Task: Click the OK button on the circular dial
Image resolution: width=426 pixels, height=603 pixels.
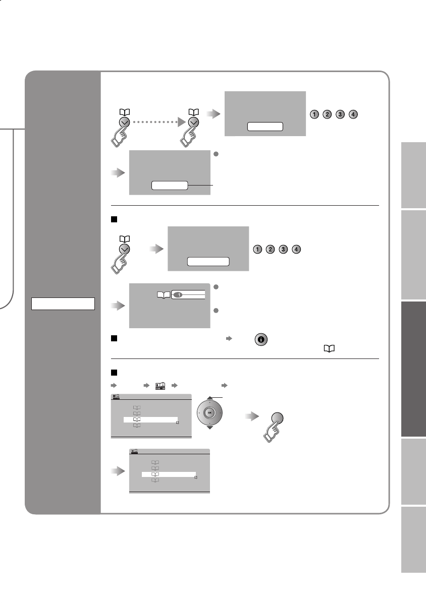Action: click(210, 412)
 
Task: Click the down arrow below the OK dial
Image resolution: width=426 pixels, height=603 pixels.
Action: click(210, 428)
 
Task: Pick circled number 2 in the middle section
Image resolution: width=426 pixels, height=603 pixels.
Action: click(271, 250)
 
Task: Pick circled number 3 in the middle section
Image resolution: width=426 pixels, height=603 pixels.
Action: click(284, 250)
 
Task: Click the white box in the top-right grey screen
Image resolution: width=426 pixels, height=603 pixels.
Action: click(265, 126)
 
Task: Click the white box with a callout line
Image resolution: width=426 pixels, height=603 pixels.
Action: click(169, 186)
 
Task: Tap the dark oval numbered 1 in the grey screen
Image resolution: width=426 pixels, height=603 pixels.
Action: click(178, 294)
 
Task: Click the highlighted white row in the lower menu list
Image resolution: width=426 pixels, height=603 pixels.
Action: click(169, 475)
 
